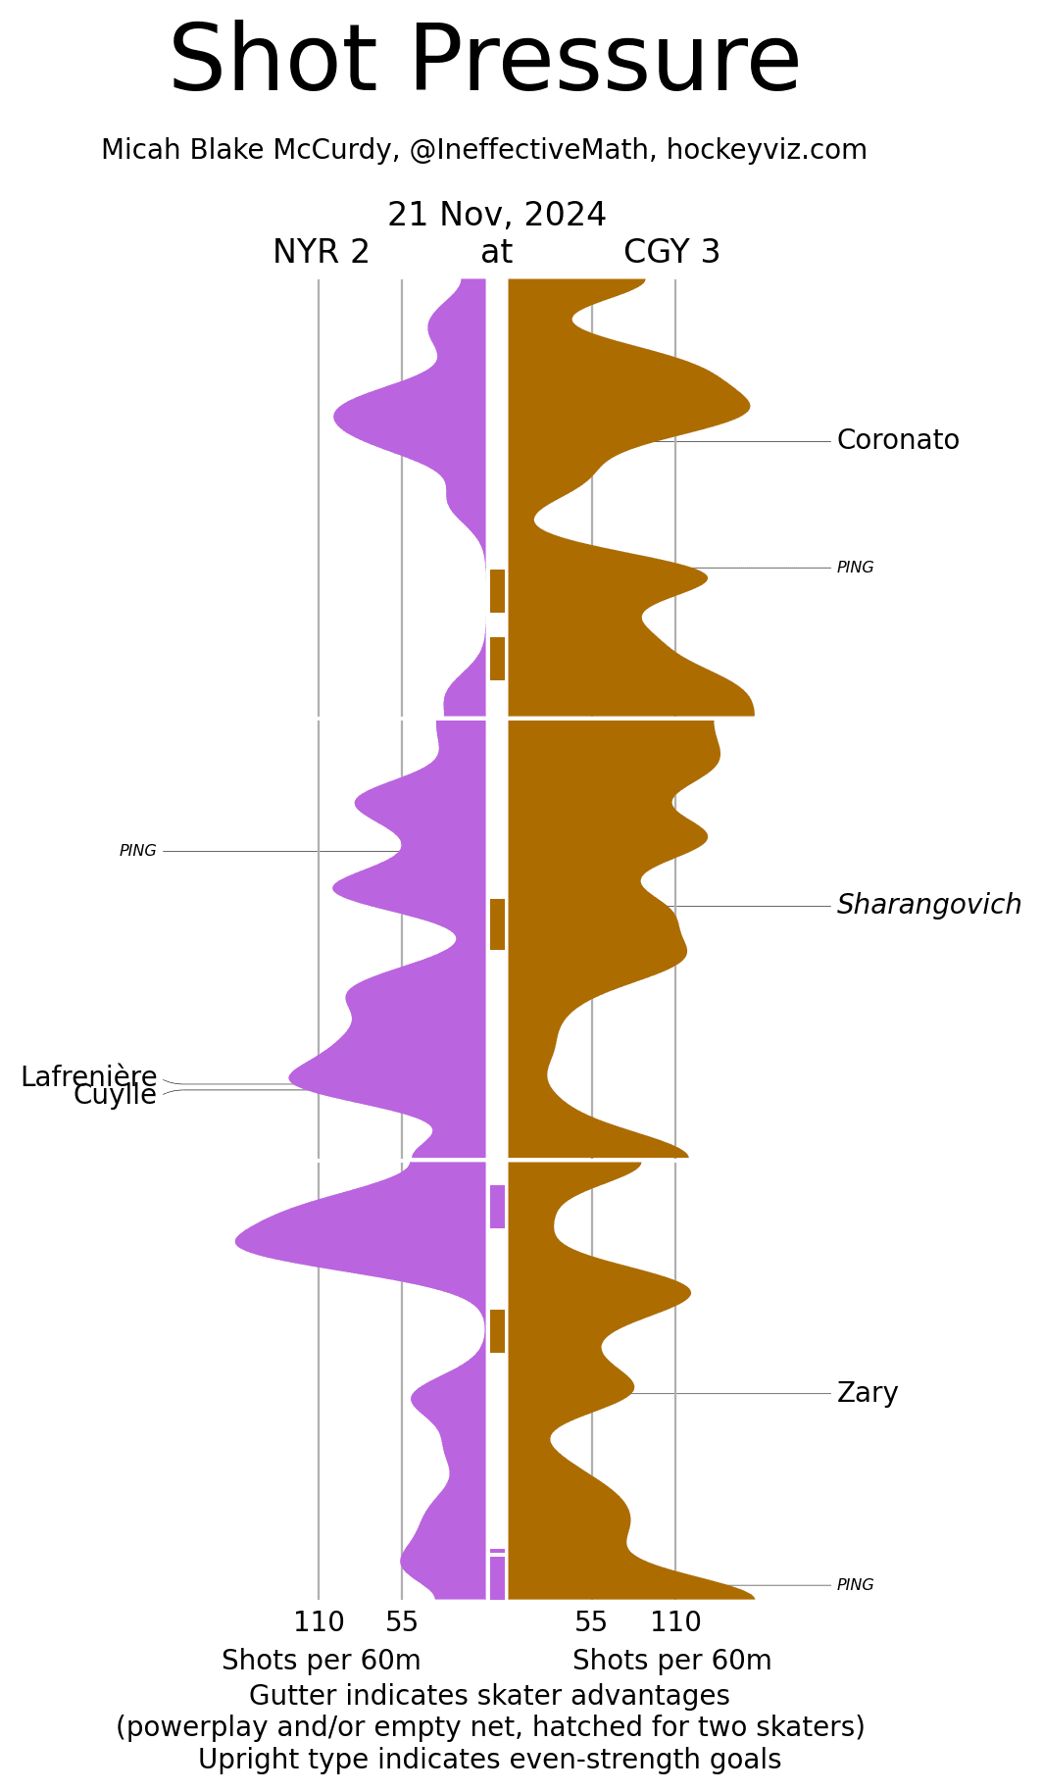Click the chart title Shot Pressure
click(x=484, y=61)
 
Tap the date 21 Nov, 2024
click(x=496, y=215)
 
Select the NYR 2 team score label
click(x=321, y=253)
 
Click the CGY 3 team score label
click(x=671, y=253)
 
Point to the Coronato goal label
click(x=897, y=440)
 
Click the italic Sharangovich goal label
click(x=928, y=905)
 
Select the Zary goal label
click(x=867, y=1392)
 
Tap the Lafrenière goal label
click(x=89, y=1076)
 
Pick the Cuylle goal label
click(x=115, y=1095)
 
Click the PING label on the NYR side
click(x=138, y=851)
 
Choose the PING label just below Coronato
click(x=855, y=568)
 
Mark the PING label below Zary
click(x=855, y=1585)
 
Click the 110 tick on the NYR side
click(x=319, y=1623)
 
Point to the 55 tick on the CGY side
click(x=591, y=1623)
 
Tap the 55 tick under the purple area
click(x=402, y=1623)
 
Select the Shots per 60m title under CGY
click(x=671, y=1661)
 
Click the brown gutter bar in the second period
click(x=497, y=924)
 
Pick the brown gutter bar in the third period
click(x=497, y=1331)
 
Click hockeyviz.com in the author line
click(x=767, y=150)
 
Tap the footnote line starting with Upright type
click(x=489, y=1760)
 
